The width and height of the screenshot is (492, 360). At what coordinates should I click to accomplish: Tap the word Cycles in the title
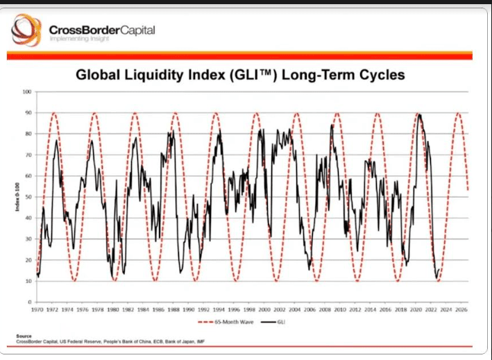coord(379,74)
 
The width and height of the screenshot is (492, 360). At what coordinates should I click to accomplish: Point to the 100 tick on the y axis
coord(28,92)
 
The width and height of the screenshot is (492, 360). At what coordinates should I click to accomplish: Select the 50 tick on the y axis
coord(28,197)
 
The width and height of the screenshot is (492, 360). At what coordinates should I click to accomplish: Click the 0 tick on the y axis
coord(31,302)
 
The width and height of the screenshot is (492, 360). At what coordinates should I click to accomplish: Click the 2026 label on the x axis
coord(458,310)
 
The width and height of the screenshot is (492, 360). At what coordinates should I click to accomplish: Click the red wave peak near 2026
coord(458,113)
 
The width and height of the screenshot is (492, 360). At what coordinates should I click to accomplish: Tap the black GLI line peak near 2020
coord(418,114)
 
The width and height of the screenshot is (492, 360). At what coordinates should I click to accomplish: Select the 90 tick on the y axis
coord(28,113)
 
